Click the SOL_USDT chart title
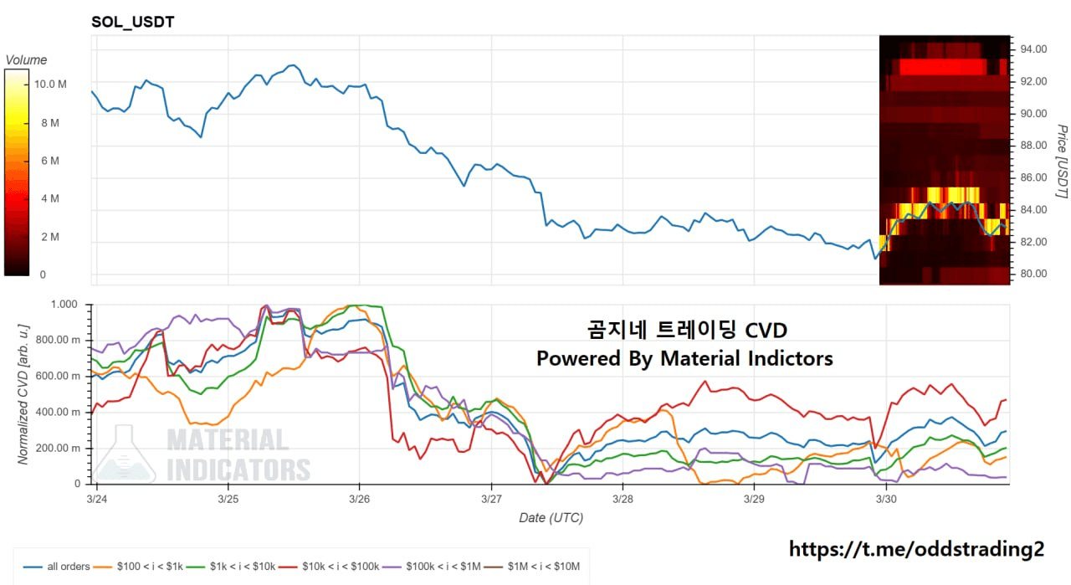point(132,22)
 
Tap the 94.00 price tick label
point(1033,49)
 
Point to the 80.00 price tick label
point(1033,274)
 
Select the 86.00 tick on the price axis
point(1033,177)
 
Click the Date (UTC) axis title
point(551,518)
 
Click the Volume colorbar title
point(26,60)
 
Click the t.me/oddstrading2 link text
point(916,549)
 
